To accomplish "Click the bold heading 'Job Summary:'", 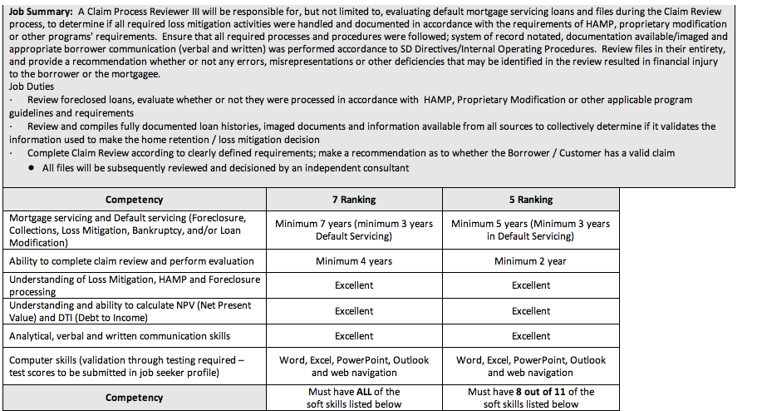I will pos(42,12).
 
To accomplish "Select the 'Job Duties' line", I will pos(32,87).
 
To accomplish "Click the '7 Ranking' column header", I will pos(353,200).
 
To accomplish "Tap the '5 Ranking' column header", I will pos(530,200).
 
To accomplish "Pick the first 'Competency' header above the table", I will pos(134,200).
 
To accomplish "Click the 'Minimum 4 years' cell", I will pos(353,261).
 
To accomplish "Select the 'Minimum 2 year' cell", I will pos(530,261).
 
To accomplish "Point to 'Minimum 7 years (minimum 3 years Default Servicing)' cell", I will pos(353,230).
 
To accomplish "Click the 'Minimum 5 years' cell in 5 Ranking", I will pos(530,230).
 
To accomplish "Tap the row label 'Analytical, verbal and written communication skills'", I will pos(120,336).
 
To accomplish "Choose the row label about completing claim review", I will pos(131,261).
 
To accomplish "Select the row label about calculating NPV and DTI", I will pos(130,311).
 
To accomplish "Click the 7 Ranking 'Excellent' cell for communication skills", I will pos(353,336).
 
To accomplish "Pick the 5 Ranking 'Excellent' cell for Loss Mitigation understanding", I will pos(530,285).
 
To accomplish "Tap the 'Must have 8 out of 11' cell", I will pos(530,398).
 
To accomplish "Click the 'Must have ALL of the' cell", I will pos(353,398).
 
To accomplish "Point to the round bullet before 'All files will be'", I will pos(31,168).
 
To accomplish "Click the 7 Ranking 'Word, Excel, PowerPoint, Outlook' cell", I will pos(353,366).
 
